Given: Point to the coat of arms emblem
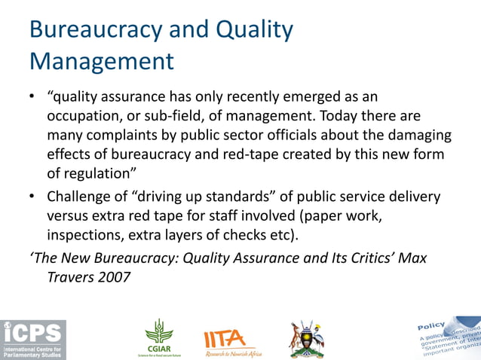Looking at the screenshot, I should point(308,338).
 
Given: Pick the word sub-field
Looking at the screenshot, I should point(187,117).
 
